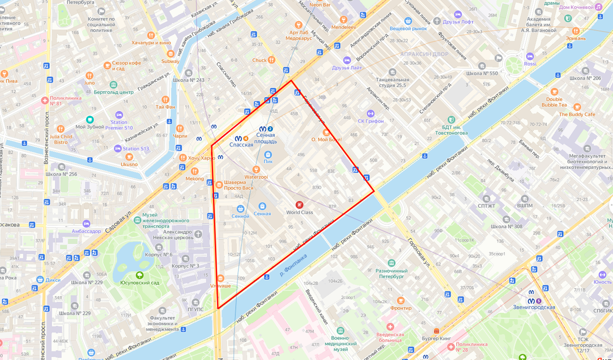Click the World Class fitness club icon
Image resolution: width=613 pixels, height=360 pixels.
[x=299, y=205]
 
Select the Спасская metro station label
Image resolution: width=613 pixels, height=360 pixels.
[x=241, y=145]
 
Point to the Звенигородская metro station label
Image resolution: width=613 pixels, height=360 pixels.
[x=534, y=307]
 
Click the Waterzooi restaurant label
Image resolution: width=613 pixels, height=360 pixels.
[x=256, y=177]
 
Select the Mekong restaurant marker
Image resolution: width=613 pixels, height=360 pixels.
[x=194, y=179]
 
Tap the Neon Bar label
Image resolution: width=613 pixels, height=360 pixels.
[x=320, y=5]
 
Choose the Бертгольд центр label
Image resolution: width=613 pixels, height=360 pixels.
[x=113, y=92]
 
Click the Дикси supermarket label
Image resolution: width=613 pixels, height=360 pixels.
[x=53, y=280]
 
